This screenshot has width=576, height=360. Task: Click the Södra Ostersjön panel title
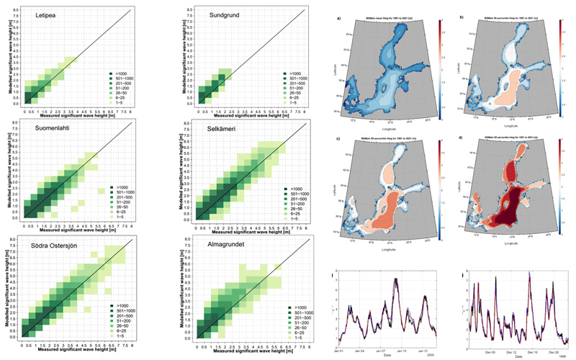[68, 240]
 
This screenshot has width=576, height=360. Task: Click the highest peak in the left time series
[397, 279]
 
